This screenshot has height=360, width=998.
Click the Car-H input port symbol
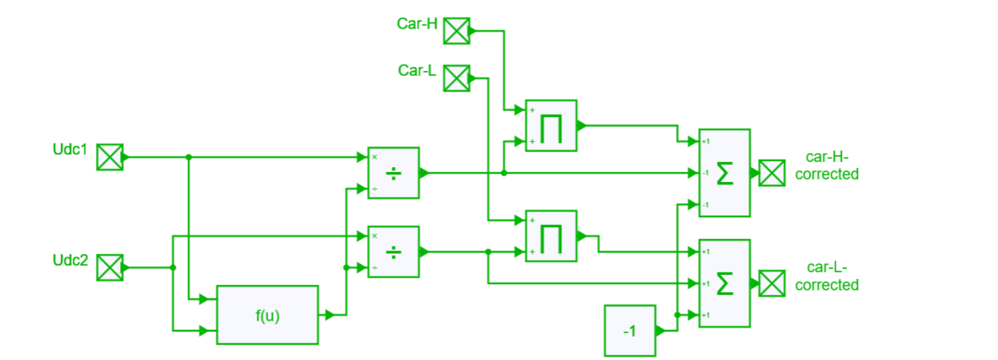tap(456, 32)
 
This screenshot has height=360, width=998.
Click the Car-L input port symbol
tap(456, 79)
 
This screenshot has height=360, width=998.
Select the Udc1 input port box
tap(110, 157)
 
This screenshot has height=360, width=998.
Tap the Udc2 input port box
tap(110, 268)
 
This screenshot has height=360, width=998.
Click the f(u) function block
tap(267, 315)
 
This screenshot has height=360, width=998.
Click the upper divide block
tap(393, 173)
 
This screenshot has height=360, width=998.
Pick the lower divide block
tap(393, 251)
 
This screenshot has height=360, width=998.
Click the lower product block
tap(551, 236)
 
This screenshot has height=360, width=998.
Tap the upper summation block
tap(724, 173)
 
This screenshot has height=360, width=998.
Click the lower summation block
tap(724, 283)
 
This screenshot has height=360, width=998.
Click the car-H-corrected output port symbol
tap(773, 173)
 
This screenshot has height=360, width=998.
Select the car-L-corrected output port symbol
tap(773, 283)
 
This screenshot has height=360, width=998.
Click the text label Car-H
tap(417, 23)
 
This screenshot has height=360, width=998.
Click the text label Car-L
tap(418, 71)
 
